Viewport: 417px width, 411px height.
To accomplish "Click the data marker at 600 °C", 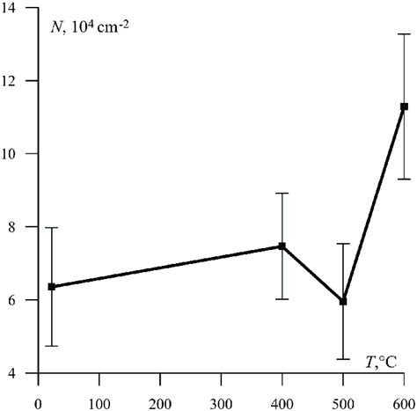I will tap(404, 106).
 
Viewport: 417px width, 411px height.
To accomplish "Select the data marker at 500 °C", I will tap(343, 301).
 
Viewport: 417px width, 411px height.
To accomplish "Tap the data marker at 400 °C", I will tap(282, 246).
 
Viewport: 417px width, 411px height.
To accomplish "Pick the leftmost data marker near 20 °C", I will tap(51, 286).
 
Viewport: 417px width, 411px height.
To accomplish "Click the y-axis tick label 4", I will tap(19, 373).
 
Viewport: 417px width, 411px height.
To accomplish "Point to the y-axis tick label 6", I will tap(19, 300).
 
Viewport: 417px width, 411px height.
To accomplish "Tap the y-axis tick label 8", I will tap(19, 227).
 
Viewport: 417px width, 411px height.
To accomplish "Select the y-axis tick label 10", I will tap(16, 154).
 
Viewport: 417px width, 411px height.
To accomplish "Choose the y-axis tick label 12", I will tap(16, 81).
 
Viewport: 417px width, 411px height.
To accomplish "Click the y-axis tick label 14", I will tap(16, 8).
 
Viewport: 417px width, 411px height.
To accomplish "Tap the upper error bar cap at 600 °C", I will tap(404, 34).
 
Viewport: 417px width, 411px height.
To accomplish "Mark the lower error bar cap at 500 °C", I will tap(343, 359).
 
